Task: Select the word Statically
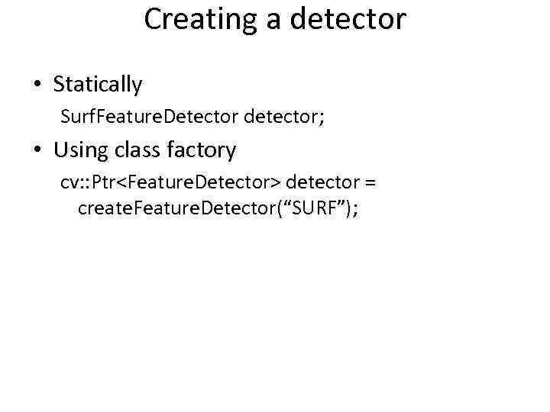[98, 85]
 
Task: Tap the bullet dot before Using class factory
[37, 150]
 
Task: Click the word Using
[80, 150]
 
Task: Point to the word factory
[204, 150]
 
